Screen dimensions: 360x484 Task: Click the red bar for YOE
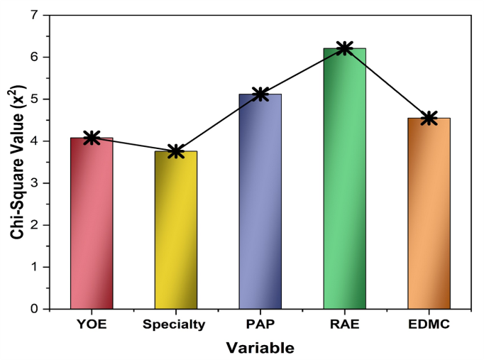click(92, 224)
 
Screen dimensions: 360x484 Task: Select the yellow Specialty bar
click(175, 231)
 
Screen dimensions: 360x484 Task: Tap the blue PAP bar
click(260, 202)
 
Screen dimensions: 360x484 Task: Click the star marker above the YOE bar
click(92, 138)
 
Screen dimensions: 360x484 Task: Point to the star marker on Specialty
click(175, 151)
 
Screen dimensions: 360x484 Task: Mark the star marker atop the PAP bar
click(260, 94)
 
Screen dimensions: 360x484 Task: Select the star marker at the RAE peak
click(344, 48)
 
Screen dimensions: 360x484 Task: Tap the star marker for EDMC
click(429, 118)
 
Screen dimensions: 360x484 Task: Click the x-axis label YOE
click(92, 325)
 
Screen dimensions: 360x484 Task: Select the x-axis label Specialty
click(175, 325)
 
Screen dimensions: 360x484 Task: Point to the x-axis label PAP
click(260, 325)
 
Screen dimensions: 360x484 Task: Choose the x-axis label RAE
click(344, 325)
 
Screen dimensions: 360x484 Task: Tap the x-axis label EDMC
click(429, 325)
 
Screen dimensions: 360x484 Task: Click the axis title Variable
click(260, 348)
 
